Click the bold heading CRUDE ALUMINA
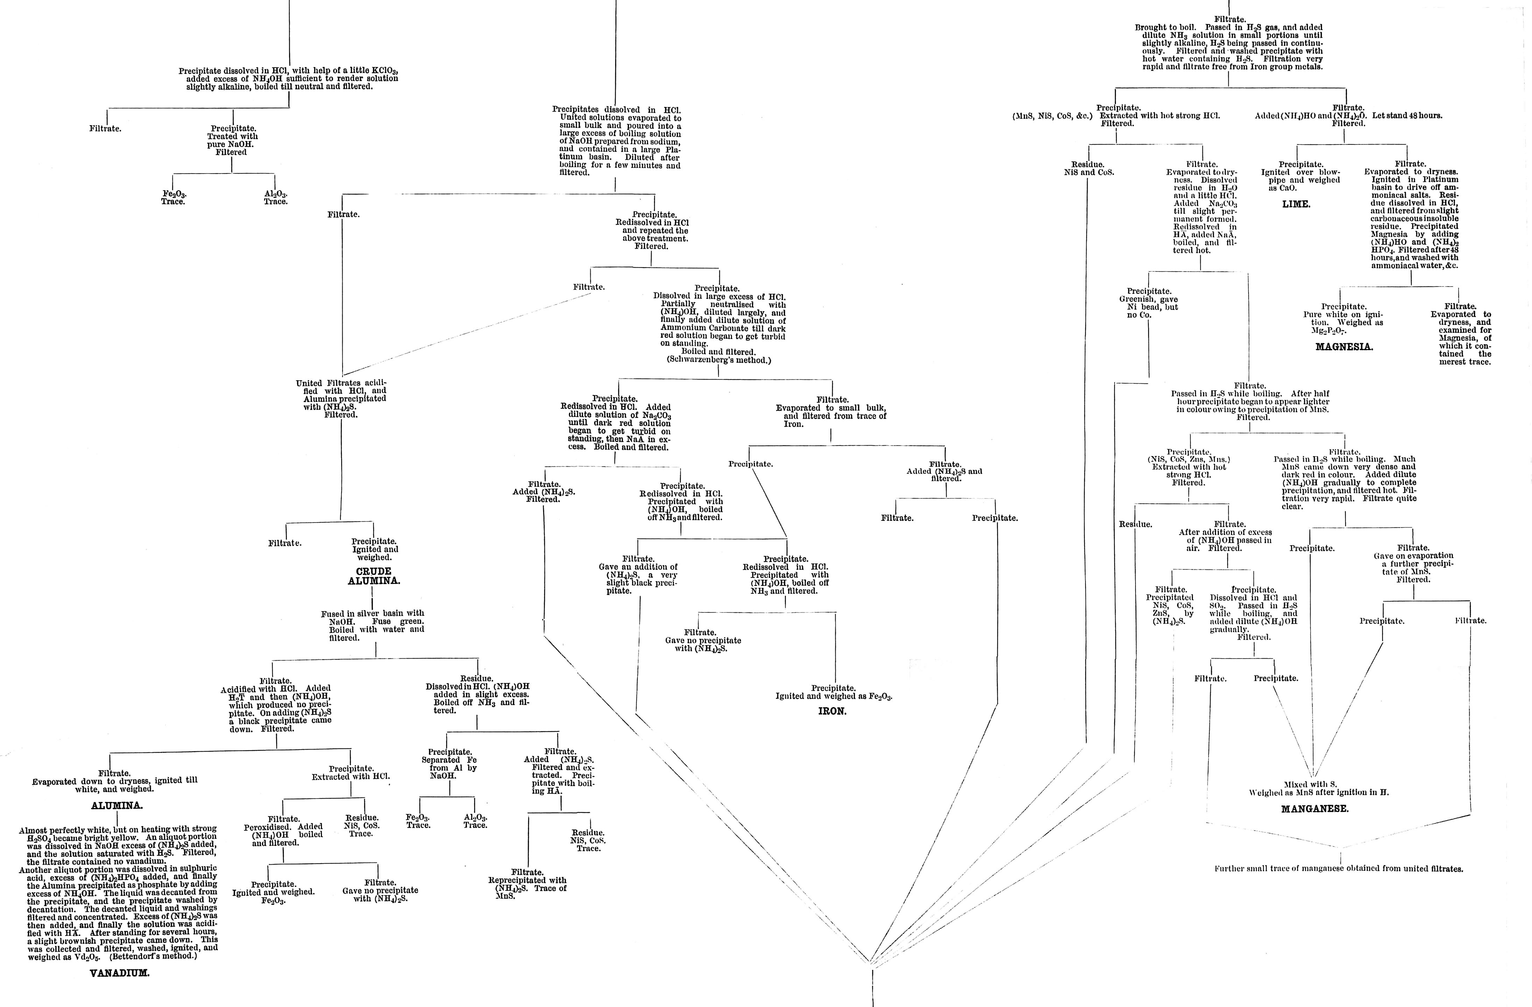coord(373,576)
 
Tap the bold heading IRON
coord(832,712)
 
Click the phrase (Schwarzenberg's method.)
coord(718,360)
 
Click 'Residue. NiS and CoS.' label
coord(1089,169)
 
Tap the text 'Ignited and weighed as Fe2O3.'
coord(834,696)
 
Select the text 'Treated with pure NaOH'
coord(232,140)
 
